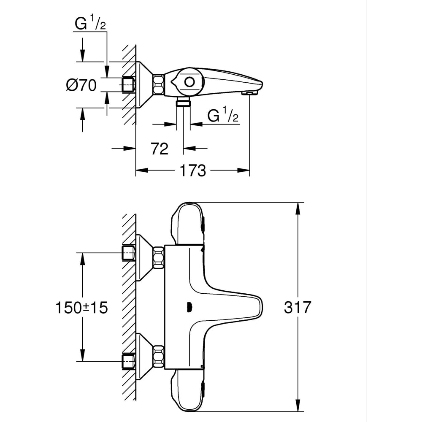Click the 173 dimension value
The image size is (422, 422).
tap(193, 170)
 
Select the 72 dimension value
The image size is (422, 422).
tap(159, 149)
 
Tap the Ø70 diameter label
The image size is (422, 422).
tap(81, 85)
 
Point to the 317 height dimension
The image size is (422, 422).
tap(297, 307)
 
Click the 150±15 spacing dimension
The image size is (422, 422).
tap(81, 308)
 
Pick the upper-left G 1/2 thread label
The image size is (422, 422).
tap(90, 24)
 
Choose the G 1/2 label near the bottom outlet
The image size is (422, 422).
tap(223, 115)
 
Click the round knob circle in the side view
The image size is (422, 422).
tap(189, 82)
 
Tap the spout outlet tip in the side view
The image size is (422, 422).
tap(250, 92)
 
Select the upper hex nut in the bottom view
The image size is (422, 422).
tap(159, 257)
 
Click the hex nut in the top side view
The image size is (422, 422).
tap(159, 84)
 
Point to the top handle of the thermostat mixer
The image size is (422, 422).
tap(187, 224)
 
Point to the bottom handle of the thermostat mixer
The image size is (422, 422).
tap(187, 390)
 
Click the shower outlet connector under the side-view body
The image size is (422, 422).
tap(183, 102)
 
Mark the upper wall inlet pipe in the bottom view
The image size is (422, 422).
tap(128, 253)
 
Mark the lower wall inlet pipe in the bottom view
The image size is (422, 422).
tap(128, 361)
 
